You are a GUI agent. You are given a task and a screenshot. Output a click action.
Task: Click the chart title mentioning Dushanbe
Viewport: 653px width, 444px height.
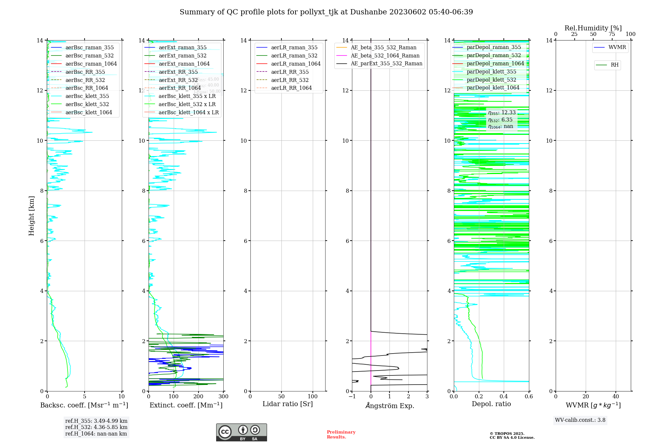click(x=326, y=12)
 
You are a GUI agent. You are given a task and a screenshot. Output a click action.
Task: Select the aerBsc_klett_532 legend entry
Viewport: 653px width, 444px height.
click(x=87, y=104)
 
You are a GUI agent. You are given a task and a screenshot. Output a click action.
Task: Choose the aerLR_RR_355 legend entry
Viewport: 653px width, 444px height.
click(x=290, y=72)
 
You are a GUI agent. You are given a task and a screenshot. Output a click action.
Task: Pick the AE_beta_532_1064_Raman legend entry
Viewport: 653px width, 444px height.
click(x=385, y=56)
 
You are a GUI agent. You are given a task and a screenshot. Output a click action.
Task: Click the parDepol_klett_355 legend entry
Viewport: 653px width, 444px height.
click(x=491, y=72)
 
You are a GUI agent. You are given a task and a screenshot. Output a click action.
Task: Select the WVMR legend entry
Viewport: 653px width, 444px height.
click(x=617, y=48)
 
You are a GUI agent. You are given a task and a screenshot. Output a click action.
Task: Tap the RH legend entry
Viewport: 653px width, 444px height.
click(x=614, y=65)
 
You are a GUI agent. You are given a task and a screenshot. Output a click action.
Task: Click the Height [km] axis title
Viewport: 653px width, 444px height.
click(x=31, y=216)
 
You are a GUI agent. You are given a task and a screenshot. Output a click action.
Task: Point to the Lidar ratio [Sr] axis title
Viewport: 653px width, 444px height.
click(x=288, y=404)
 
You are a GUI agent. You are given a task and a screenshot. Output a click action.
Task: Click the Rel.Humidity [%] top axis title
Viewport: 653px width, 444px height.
click(x=593, y=28)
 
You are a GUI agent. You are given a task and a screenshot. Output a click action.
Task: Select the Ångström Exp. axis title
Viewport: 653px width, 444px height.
click(x=390, y=406)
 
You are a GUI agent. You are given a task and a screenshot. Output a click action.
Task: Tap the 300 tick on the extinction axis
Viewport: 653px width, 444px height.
click(x=224, y=397)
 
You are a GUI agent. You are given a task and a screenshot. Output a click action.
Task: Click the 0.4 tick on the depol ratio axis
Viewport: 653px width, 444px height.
click(x=504, y=397)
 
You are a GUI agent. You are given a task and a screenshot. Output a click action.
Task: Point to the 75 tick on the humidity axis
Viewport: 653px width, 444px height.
click(x=612, y=34)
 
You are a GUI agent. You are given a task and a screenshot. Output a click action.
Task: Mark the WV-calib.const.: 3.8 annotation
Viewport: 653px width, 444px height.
click(x=580, y=420)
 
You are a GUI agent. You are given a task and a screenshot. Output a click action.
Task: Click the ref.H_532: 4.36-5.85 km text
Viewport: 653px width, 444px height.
click(x=96, y=427)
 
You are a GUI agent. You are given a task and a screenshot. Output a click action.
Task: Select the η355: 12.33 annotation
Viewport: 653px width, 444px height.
click(x=502, y=113)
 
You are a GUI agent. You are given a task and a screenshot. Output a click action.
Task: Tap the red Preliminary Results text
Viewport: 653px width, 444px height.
click(x=341, y=435)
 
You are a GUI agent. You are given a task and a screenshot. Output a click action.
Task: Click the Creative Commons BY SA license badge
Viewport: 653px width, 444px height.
click(x=241, y=433)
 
